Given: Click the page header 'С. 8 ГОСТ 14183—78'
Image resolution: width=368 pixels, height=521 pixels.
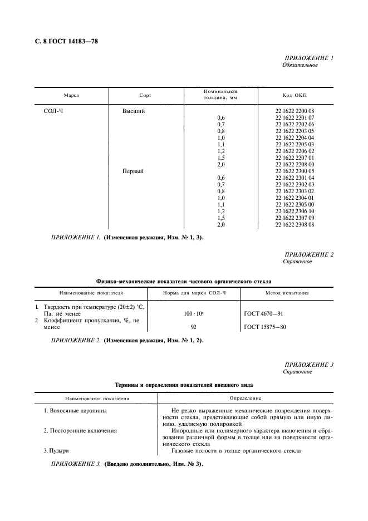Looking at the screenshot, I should [62, 41].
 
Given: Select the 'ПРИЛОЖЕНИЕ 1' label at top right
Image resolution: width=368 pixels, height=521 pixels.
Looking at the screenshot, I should [308, 58].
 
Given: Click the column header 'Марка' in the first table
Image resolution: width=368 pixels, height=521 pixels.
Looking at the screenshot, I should [71, 95].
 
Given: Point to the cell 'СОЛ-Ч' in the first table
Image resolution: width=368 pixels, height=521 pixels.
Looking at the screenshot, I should [55, 111].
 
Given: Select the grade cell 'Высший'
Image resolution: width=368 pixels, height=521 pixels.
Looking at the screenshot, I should [134, 111].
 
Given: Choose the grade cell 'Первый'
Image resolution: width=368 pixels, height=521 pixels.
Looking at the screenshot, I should [133, 171].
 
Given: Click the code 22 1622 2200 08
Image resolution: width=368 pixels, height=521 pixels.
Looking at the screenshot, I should [295, 111].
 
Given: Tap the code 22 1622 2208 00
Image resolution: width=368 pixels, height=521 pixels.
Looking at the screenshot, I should [295, 164].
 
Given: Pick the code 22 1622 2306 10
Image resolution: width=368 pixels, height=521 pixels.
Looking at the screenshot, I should [295, 211].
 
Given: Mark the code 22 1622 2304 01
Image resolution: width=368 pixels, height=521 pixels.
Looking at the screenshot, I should [295, 198].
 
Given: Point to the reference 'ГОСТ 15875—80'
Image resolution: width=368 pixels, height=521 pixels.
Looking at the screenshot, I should [266, 327].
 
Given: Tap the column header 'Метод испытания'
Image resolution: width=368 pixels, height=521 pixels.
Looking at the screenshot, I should [287, 292].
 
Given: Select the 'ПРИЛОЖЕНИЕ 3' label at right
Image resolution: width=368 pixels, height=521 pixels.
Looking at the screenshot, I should [308, 365].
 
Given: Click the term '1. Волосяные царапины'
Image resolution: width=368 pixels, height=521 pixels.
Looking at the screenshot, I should [75, 410].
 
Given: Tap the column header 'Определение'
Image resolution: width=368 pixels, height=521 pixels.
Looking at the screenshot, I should [246, 398].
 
